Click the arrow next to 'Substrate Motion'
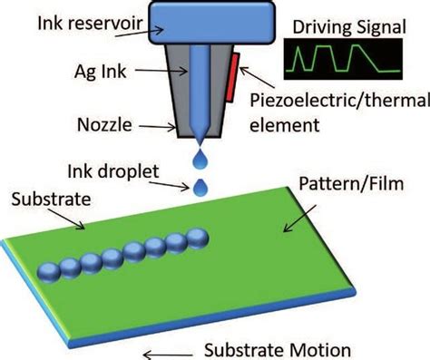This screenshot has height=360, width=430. pos(161,348)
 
